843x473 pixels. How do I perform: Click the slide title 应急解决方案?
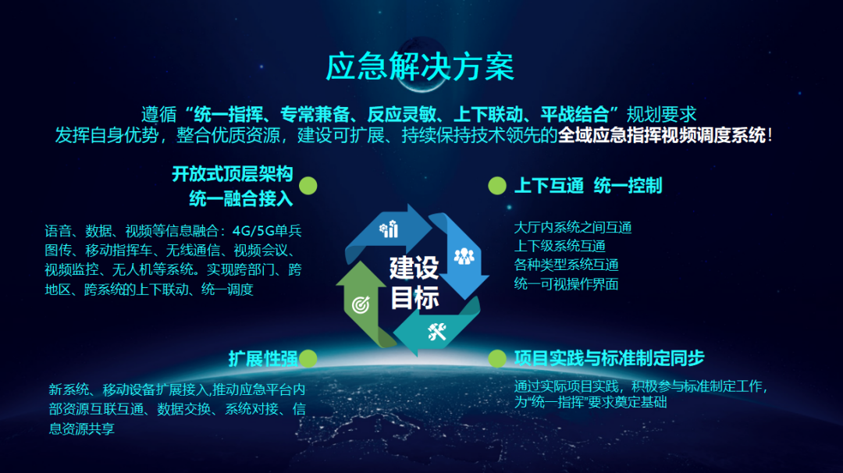click(420, 66)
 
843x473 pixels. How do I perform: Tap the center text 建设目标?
click(414, 283)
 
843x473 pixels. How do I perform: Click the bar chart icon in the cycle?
click(389, 229)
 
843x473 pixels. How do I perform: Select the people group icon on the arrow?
click(464, 256)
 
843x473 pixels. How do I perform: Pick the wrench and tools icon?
click(437, 331)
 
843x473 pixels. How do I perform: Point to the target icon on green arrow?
click(361, 304)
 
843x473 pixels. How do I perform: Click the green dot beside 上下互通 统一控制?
click(497, 186)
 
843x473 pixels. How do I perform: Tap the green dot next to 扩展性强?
click(308, 358)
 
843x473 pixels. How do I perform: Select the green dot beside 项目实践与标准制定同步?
click(497, 358)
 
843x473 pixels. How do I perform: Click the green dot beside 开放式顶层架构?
click(308, 186)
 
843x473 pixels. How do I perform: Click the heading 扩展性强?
click(263, 358)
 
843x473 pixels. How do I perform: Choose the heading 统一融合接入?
click(241, 199)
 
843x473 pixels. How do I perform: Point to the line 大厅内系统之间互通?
click(573, 227)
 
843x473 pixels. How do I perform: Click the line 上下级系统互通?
click(560, 246)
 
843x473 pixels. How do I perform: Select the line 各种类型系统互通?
click(566, 265)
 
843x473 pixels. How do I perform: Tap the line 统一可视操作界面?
click(566, 284)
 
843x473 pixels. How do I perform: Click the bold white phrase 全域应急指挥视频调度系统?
click(662, 135)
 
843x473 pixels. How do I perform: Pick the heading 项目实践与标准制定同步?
click(609, 358)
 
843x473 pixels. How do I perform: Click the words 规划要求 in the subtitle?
click(662, 115)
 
